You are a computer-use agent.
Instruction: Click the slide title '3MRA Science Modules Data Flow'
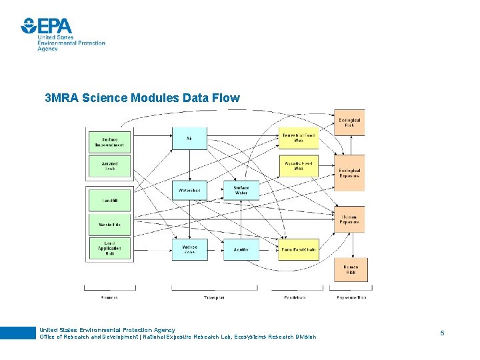pos(142,98)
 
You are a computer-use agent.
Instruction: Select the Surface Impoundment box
pos(109,141)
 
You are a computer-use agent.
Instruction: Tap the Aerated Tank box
pos(109,166)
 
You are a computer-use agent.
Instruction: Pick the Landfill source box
pos(109,200)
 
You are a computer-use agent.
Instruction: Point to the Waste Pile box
pos(109,225)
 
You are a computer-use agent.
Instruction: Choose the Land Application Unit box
pos(109,249)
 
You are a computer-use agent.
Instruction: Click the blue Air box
pos(189,138)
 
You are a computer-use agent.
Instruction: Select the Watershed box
pos(189,191)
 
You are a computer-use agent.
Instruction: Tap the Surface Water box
pos(241,191)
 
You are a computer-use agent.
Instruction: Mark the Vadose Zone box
pos(189,249)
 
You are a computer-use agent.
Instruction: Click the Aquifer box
pos(241,249)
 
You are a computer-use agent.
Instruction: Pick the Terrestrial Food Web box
pos(298,138)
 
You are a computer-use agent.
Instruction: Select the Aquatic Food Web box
pos(298,166)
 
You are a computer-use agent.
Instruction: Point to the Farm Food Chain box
pos(298,249)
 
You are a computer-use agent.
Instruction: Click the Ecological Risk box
pos(349,123)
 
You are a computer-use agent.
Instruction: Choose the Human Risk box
pos(350,269)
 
